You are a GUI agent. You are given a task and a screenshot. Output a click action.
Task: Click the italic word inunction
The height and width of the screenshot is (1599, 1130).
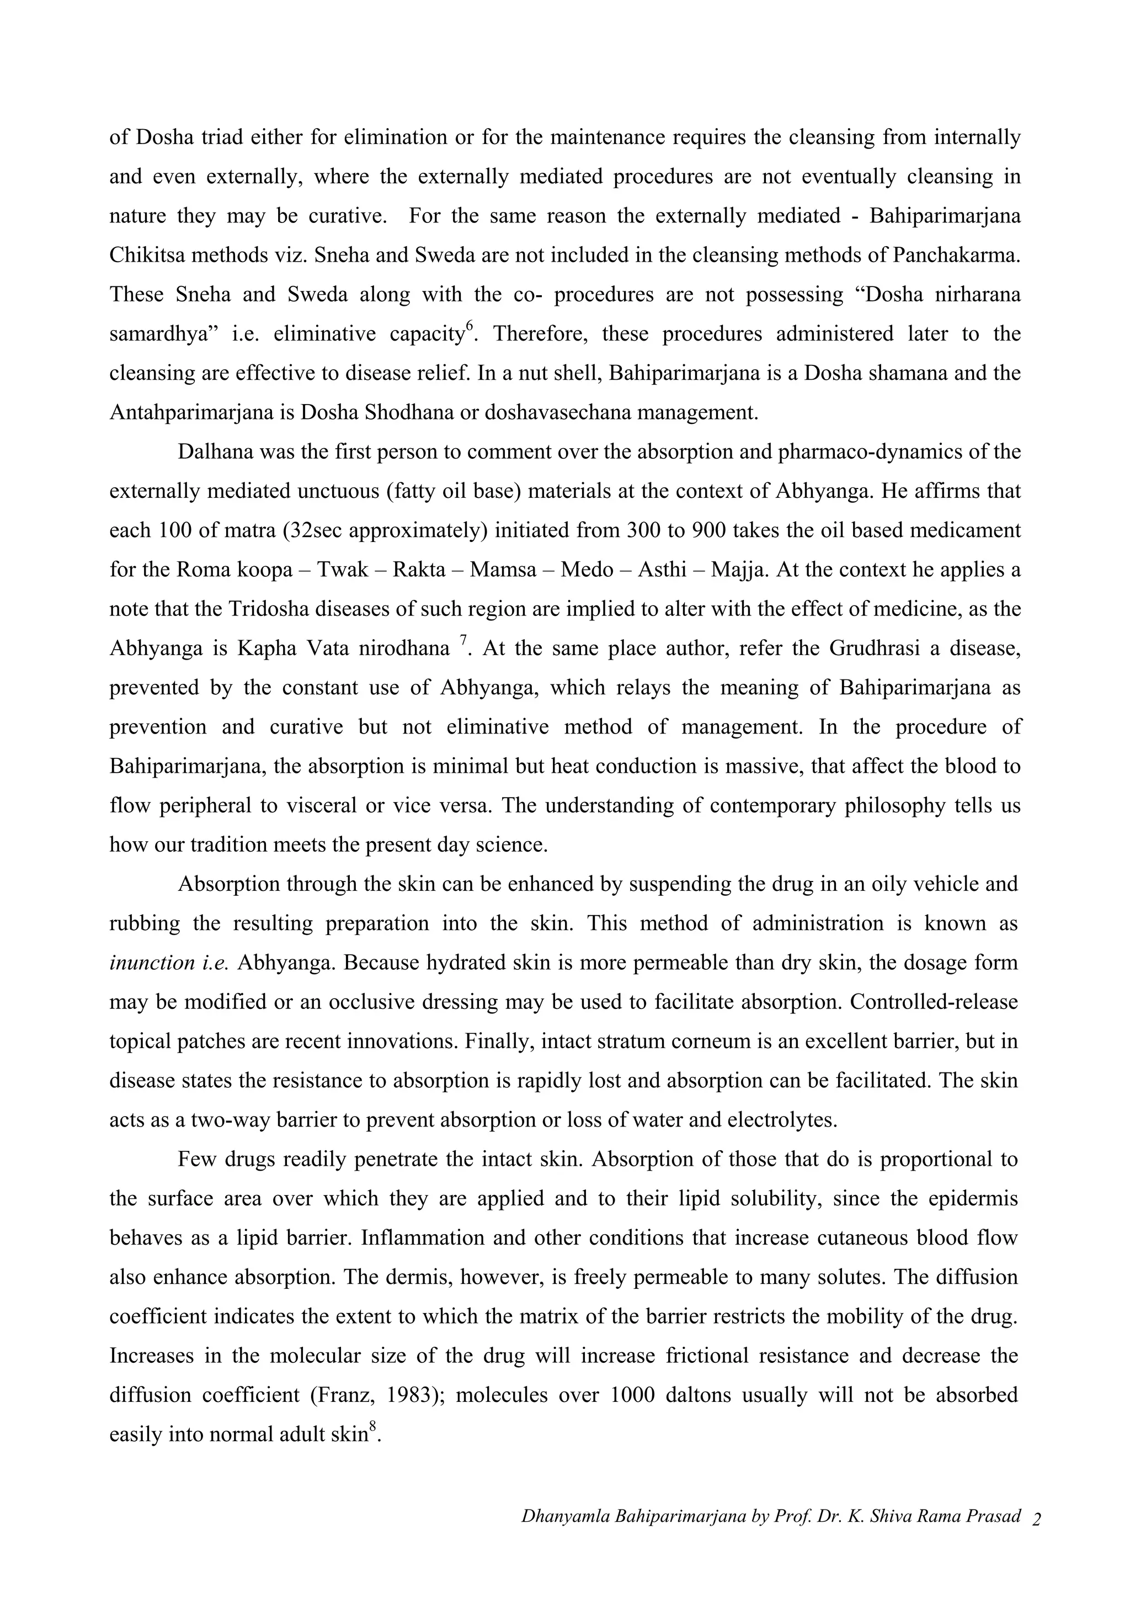[x=152, y=963]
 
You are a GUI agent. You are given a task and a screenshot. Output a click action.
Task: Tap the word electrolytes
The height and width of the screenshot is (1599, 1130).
[x=781, y=1120]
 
